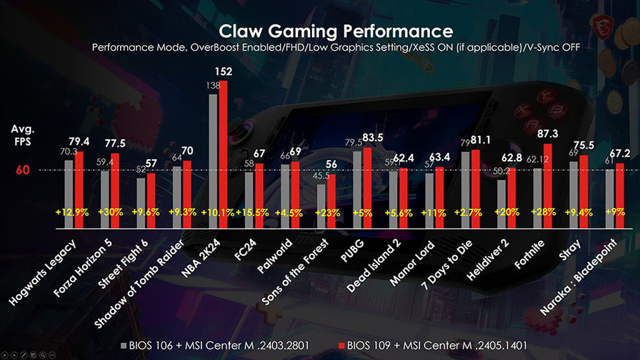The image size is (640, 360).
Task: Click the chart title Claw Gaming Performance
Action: click(335, 31)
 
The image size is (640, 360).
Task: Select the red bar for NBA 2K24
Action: click(223, 154)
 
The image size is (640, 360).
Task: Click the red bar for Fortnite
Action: click(549, 186)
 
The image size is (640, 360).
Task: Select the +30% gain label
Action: click(109, 213)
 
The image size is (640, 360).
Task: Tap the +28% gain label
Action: click(544, 213)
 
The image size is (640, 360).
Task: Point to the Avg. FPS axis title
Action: click(22, 135)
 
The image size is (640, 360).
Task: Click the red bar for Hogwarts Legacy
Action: click(79, 189)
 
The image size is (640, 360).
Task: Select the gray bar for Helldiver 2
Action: click(501, 204)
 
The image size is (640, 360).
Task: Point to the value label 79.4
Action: click(79, 141)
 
